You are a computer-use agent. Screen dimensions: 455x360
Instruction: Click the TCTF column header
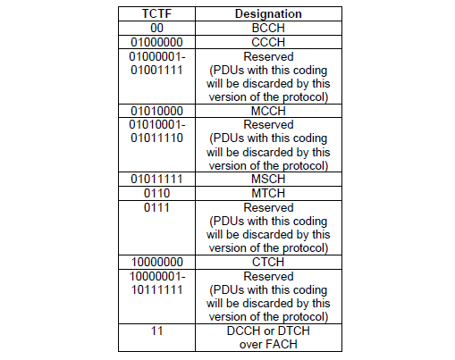pyautogui.click(x=156, y=13)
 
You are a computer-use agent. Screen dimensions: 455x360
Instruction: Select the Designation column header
pyautogui.click(x=268, y=13)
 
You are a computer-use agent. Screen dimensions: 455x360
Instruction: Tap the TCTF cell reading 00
pyautogui.click(x=156, y=28)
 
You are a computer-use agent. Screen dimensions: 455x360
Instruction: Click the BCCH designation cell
pyautogui.click(x=268, y=28)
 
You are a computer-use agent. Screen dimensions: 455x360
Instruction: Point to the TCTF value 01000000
pyautogui.click(x=156, y=42)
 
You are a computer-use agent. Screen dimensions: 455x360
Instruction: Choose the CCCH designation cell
pyautogui.click(x=268, y=42)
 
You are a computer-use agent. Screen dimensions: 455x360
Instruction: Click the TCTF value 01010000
pyautogui.click(x=156, y=111)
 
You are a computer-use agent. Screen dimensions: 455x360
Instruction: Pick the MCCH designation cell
pyautogui.click(x=268, y=111)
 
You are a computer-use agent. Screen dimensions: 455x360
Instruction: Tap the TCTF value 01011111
pyautogui.click(x=156, y=179)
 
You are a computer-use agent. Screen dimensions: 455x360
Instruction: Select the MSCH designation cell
pyautogui.click(x=268, y=179)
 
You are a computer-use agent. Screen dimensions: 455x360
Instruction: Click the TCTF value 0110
pyautogui.click(x=156, y=193)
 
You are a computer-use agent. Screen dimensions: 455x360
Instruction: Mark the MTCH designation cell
pyautogui.click(x=268, y=193)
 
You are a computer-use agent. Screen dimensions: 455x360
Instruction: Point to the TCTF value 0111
pyautogui.click(x=156, y=207)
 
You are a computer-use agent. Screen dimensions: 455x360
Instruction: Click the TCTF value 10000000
pyautogui.click(x=156, y=262)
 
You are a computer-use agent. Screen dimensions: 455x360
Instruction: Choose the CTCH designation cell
pyautogui.click(x=268, y=262)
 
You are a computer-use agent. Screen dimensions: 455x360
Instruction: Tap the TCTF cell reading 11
pyautogui.click(x=156, y=331)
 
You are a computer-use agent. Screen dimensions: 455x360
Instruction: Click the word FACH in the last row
pyautogui.click(x=282, y=344)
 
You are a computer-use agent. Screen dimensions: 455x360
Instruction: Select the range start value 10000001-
pyautogui.click(x=157, y=276)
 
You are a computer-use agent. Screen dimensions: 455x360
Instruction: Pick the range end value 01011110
pyautogui.click(x=156, y=138)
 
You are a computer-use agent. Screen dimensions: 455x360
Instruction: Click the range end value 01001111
pyautogui.click(x=156, y=70)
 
